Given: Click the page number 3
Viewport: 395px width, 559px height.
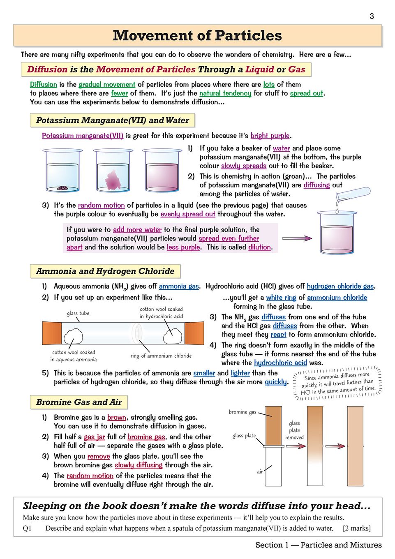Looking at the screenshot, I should [372, 16].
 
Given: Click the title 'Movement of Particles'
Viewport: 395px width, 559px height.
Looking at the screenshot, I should [197, 36].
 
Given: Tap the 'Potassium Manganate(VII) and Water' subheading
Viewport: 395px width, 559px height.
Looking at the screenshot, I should [112, 120].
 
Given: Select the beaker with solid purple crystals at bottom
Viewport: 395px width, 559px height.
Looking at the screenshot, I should [62, 171].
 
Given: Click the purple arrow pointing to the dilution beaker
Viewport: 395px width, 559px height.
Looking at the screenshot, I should [297, 238].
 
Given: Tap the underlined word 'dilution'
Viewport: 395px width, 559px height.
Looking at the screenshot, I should [259, 247].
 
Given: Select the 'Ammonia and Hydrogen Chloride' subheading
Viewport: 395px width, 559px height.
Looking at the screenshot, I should [105, 271].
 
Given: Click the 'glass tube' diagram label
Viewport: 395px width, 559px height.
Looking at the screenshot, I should [78, 313].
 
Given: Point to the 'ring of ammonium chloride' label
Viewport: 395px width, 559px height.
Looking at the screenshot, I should [161, 356].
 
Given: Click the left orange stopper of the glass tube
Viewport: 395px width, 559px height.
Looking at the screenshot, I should [51, 333].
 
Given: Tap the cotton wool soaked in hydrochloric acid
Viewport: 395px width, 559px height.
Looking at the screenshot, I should [173, 336].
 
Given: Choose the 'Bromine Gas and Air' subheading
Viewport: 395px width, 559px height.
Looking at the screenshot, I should [79, 402].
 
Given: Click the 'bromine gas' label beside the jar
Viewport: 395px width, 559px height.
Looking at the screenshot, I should [243, 412].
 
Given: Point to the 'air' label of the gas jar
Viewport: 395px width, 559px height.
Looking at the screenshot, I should [260, 471].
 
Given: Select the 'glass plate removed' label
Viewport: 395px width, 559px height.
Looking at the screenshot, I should [294, 430].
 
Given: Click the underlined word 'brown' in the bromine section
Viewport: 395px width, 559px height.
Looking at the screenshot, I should [117, 417].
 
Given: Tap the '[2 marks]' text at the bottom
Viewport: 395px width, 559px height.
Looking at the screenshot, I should [357, 528].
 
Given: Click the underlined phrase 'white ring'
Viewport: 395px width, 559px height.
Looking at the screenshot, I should [281, 297].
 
